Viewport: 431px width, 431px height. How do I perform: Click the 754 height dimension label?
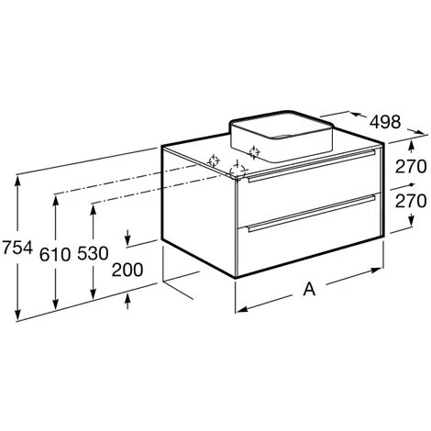pos(17,248)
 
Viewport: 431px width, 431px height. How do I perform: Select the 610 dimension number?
pos(55,254)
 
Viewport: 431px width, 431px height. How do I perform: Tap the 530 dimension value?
pos(93,253)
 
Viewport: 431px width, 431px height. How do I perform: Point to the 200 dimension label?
pos(127,270)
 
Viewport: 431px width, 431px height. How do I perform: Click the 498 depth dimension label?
pos(385,122)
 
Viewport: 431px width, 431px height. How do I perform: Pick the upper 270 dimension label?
pos(411,167)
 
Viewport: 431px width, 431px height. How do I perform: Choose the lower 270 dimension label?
pos(411,201)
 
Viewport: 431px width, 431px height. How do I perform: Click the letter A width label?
pos(309,289)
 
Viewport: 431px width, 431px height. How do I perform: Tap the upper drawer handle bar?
pos(312,166)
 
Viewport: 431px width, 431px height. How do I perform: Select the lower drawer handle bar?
pos(312,214)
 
